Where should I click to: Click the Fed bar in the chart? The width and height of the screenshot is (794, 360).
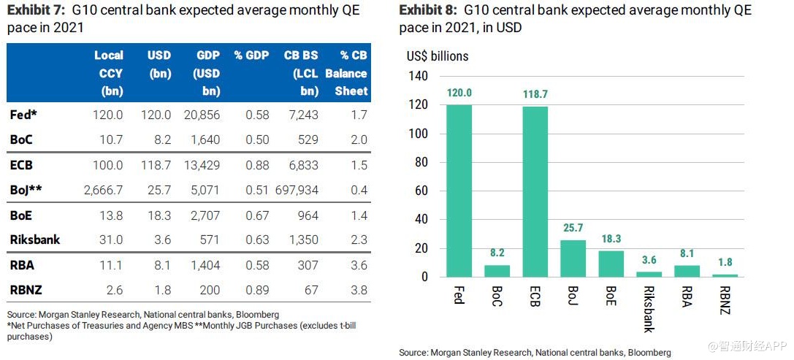459,191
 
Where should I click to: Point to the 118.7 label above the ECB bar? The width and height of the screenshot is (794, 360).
535,94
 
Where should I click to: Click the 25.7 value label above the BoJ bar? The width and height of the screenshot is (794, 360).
573,228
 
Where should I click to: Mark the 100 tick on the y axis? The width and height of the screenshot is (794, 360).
418,134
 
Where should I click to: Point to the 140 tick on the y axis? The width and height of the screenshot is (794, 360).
418,77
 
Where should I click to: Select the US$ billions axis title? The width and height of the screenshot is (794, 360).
438,56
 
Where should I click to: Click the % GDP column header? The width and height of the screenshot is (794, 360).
251,55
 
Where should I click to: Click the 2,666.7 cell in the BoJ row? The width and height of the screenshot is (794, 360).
104,191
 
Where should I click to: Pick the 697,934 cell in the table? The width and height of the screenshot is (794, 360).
296,191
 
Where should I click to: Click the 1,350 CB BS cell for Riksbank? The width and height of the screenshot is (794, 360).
305,240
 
